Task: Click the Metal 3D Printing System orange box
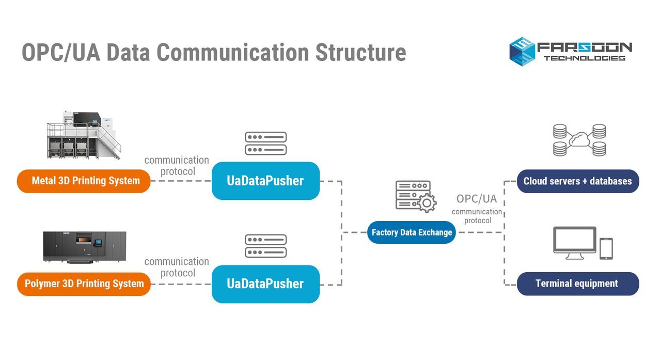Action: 84,181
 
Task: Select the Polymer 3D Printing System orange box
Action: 84,284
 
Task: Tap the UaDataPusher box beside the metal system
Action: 265,181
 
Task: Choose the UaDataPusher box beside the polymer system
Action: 265,284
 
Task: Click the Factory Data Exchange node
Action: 412,232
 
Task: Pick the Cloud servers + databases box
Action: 577,181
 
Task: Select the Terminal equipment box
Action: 577,284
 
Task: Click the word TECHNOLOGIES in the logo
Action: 584,58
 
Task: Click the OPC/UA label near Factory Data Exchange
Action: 476,199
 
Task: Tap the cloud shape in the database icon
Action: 579,139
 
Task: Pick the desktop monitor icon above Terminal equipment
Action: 574,243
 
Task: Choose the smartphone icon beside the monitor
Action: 606,248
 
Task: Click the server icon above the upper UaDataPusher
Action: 265,143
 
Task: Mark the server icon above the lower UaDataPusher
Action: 265,246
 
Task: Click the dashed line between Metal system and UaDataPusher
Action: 181,181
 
